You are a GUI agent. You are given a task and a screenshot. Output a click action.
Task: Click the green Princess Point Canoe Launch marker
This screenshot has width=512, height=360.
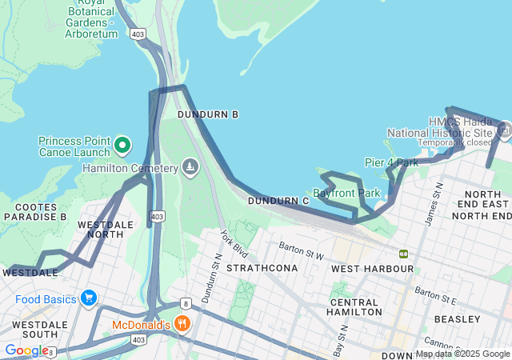(122, 145)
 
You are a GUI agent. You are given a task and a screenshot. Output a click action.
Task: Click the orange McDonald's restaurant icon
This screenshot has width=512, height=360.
(182, 324)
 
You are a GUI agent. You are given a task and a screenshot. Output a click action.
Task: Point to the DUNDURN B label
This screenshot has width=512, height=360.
(208, 115)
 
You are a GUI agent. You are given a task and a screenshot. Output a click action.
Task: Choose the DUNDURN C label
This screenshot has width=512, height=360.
(278, 201)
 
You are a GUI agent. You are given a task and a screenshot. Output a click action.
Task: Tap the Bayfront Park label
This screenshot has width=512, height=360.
(346, 193)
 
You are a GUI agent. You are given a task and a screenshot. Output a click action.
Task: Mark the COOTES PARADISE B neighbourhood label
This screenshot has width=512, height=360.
(34, 211)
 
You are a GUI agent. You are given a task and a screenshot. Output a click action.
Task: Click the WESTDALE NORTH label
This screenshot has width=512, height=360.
(106, 230)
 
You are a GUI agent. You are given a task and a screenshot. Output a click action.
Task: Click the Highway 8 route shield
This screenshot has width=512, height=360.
(186, 303)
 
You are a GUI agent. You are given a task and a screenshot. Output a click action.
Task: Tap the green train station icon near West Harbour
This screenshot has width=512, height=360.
(404, 254)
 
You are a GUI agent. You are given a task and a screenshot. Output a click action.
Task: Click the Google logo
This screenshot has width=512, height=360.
(26, 350)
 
